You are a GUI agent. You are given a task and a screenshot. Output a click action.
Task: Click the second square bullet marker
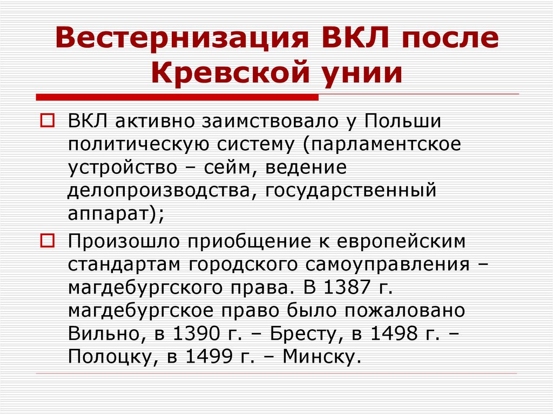pyautogui.click(x=48, y=240)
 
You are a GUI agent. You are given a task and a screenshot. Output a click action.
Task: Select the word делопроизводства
pyautogui.click(x=162, y=191)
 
